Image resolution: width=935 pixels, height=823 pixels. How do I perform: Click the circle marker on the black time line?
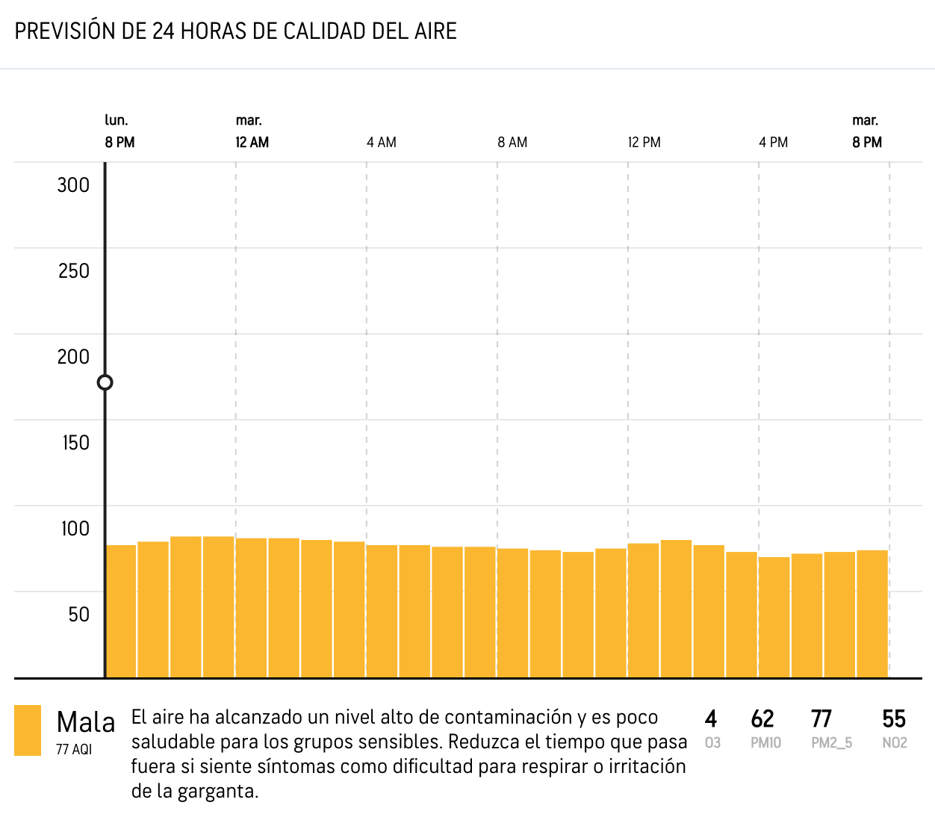tap(105, 382)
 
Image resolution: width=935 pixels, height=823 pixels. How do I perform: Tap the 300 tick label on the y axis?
tap(73, 185)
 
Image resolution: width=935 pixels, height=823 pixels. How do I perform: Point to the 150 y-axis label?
tap(75, 443)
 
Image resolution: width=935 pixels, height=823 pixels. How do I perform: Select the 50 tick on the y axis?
tap(78, 615)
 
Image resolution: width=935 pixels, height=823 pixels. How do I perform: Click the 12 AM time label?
tap(252, 142)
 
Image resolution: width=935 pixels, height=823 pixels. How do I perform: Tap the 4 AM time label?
tap(382, 142)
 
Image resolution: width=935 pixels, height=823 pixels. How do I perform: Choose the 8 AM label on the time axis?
tap(512, 142)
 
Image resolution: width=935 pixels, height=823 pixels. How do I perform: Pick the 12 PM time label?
tap(644, 142)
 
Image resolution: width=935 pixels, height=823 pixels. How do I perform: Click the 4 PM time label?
tap(774, 142)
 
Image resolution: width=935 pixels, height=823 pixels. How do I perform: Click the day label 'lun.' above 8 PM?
tap(117, 120)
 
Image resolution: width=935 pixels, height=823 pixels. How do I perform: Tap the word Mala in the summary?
tap(86, 722)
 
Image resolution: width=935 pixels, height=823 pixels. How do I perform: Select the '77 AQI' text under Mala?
tap(74, 749)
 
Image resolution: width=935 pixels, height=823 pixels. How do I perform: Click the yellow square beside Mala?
tap(28, 730)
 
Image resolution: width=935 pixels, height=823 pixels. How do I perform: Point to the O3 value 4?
tap(711, 718)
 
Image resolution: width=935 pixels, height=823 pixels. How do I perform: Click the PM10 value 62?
tap(762, 718)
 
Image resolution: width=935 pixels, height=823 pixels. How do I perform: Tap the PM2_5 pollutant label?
tap(831, 743)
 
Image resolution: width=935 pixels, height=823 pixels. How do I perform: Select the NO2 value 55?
tap(893, 718)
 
